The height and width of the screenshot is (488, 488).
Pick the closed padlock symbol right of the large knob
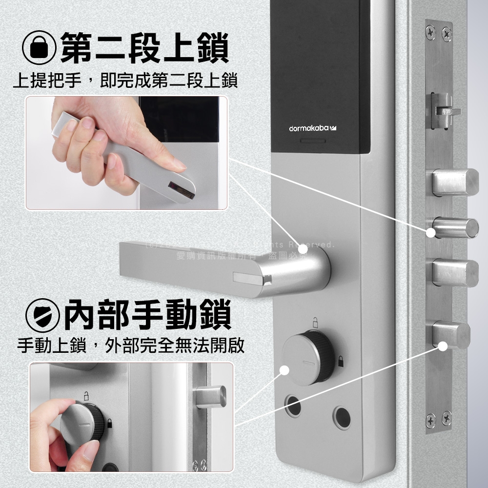[x=340, y=362]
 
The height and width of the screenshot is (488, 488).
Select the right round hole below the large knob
[x=342, y=417]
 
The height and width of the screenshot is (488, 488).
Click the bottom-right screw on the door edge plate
[x=446, y=419]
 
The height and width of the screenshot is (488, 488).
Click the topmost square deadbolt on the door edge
[x=456, y=182]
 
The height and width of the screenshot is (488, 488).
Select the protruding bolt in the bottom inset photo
[x=212, y=396]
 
